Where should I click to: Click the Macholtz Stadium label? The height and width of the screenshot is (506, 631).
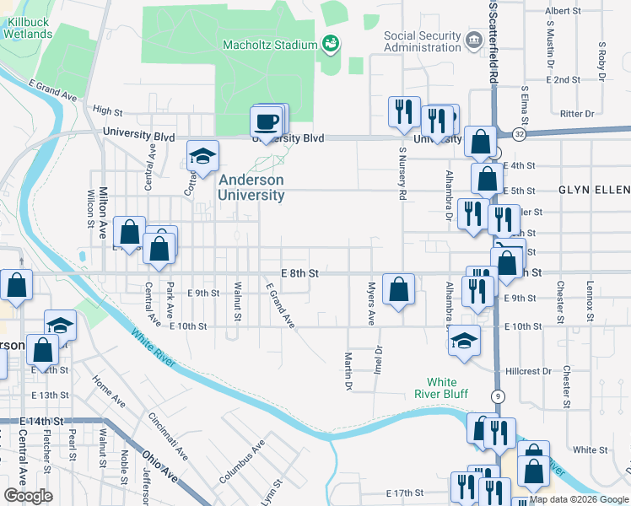tap(268, 44)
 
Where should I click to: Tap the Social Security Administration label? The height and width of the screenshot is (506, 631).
tap(423, 40)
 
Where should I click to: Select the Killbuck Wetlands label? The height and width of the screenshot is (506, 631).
tap(27, 28)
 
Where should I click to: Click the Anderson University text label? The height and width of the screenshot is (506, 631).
tap(251, 187)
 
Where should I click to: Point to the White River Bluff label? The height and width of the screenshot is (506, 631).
tap(441, 387)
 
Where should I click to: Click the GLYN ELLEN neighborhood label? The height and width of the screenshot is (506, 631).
tap(593, 191)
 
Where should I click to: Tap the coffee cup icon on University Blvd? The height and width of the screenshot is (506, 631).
tap(267, 122)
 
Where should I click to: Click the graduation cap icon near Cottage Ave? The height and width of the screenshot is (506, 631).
tap(202, 156)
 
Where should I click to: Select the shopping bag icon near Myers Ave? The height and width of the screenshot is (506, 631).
tap(398, 288)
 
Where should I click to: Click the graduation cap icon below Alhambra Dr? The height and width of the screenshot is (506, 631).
tap(463, 341)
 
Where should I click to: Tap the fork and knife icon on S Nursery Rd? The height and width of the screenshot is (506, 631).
tap(404, 111)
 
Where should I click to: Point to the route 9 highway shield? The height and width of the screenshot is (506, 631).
tap(499, 396)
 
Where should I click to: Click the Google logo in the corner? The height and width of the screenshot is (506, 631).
tap(28, 496)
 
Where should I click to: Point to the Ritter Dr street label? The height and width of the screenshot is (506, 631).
tap(577, 113)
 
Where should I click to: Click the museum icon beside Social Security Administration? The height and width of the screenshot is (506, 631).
tap(473, 39)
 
